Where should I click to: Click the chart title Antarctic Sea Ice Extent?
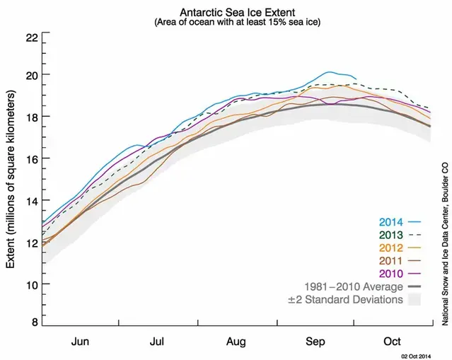pos(236,12)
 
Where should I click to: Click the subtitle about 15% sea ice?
pos(236,23)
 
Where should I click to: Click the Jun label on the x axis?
pos(80,339)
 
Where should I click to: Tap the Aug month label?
pos(236,339)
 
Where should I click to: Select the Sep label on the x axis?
pos(314,339)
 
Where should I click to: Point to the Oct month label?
pos(393,339)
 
